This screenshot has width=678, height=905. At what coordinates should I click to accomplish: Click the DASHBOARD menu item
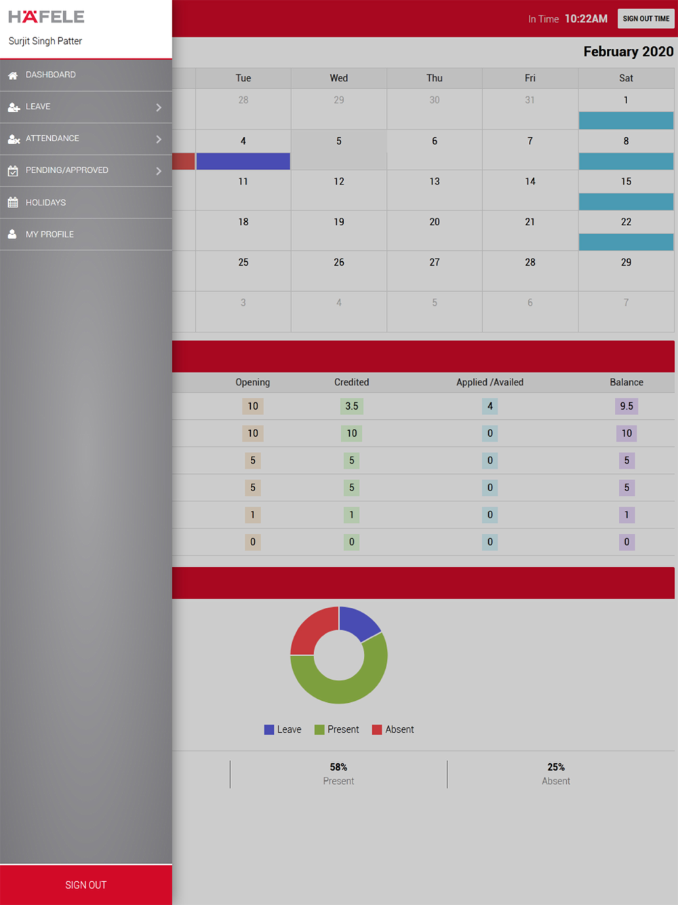(x=51, y=75)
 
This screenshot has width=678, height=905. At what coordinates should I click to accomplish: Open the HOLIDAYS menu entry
(x=45, y=203)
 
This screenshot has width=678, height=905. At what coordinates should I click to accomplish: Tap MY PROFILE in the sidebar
(x=49, y=235)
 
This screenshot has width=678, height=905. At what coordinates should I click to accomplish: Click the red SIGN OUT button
(x=85, y=885)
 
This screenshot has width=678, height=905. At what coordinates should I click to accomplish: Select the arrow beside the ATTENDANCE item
(x=159, y=139)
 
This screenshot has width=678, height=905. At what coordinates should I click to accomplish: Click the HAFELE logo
(x=46, y=17)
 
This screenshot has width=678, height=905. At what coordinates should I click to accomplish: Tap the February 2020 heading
(x=628, y=52)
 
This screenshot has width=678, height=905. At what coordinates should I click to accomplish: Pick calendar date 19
(x=338, y=223)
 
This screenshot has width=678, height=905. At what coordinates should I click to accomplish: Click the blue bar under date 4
(x=243, y=161)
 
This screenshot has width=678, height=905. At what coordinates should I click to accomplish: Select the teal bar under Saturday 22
(x=626, y=242)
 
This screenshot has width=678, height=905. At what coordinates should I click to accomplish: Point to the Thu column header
(x=435, y=79)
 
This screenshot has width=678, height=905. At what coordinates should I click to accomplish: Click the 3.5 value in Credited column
(x=351, y=406)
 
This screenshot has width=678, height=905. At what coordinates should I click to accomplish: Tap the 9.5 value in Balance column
(x=626, y=406)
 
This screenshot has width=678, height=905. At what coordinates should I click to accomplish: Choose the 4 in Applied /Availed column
(x=490, y=406)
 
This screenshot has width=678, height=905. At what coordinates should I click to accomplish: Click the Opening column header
(x=252, y=383)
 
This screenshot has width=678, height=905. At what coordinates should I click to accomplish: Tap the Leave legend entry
(x=283, y=730)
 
